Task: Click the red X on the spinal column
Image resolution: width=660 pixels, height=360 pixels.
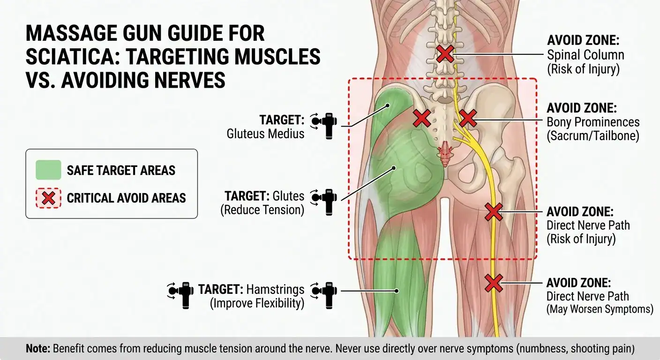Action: coord(445,54)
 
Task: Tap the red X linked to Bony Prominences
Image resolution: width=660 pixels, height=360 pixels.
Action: coord(468,118)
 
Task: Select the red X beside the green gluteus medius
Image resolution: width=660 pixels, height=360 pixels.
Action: coord(422,118)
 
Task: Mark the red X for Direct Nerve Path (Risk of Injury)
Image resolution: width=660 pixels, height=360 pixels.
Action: coord(494,211)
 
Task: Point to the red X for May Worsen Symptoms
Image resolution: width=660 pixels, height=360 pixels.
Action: coord(494,283)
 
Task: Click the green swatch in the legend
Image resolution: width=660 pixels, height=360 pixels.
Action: coord(48,170)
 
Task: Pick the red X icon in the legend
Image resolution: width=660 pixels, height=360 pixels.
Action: coord(48,198)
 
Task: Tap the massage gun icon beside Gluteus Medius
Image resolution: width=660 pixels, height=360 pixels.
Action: coord(324,126)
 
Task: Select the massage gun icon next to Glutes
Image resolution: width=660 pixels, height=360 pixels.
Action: coord(324,202)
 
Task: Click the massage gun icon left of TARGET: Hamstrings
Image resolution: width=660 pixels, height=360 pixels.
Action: coord(180,295)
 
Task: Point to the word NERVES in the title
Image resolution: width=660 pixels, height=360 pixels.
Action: coord(190,80)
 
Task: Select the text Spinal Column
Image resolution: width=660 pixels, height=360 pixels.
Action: coord(585,55)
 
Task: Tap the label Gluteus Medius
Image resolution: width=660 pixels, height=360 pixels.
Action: coord(265,134)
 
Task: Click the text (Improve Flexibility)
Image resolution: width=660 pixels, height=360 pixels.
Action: coord(257,303)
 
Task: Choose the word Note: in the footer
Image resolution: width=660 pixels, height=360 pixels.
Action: coord(38,348)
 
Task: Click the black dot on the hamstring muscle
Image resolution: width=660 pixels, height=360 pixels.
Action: coord(396,291)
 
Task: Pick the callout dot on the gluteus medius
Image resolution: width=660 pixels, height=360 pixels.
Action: coord(388,105)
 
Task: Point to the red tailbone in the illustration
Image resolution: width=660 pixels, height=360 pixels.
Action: coord(445,153)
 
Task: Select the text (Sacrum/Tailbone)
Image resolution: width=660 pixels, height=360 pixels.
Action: coord(593,136)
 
